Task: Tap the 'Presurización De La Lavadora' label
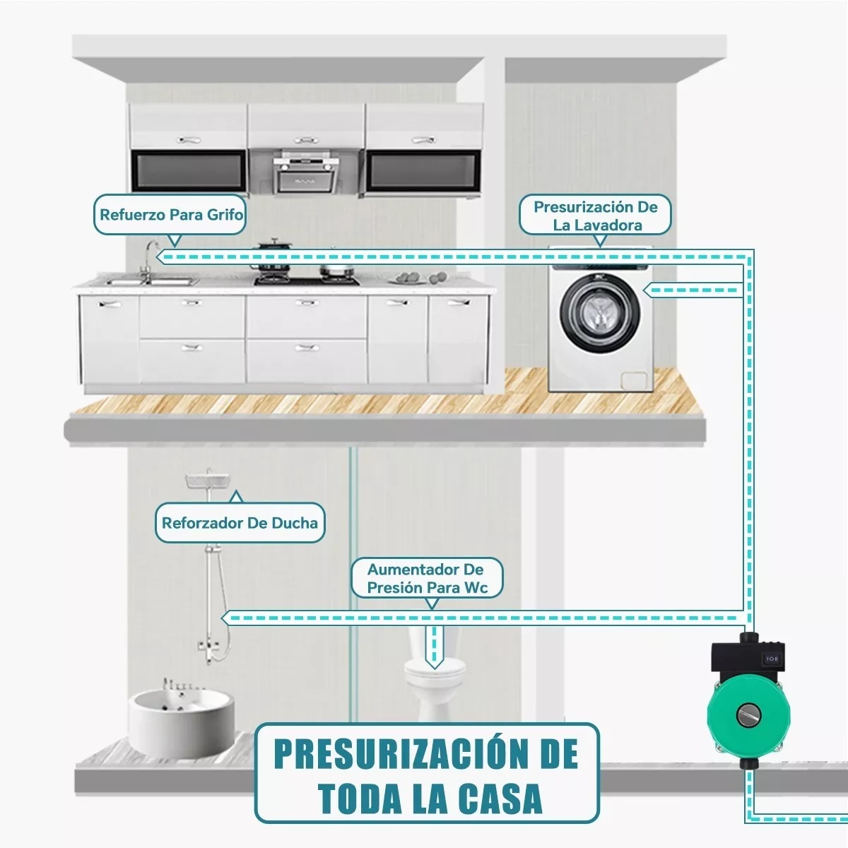click(x=596, y=216)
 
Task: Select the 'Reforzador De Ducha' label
click(x=240, y=523)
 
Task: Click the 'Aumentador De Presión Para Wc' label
click(x=427, y=578)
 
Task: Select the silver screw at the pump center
click(x=748, y=714)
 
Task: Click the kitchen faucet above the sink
click(x=149, y=258)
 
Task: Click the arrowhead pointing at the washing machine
click(x=649, y=290)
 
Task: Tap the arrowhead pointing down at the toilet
click(x=434, y=663)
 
